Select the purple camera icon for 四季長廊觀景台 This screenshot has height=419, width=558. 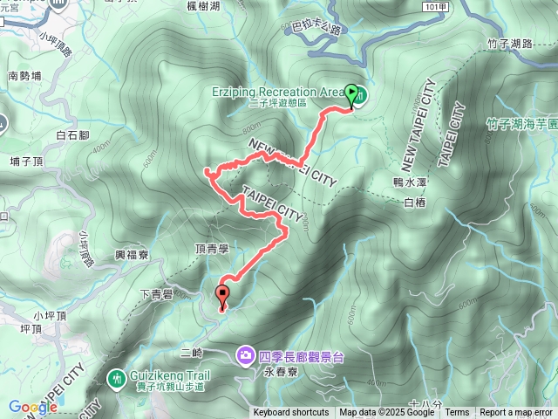245,355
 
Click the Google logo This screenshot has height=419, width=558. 33,407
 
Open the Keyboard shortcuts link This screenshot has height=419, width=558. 291,413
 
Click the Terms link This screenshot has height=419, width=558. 457,413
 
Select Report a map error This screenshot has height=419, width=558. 517,413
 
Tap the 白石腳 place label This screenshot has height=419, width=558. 72,135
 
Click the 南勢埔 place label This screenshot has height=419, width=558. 25,76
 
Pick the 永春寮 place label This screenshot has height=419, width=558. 278,370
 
